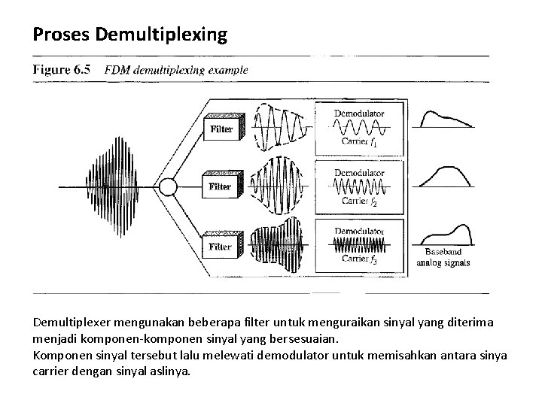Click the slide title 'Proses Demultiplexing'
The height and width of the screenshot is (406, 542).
129,35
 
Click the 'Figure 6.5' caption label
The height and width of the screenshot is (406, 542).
62,69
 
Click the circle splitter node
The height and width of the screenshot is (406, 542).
167,185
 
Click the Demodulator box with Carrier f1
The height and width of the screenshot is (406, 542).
361,128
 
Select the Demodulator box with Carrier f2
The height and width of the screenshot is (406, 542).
361,186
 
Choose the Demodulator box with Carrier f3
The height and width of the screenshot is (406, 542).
361,244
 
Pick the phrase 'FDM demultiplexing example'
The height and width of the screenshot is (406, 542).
175,70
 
